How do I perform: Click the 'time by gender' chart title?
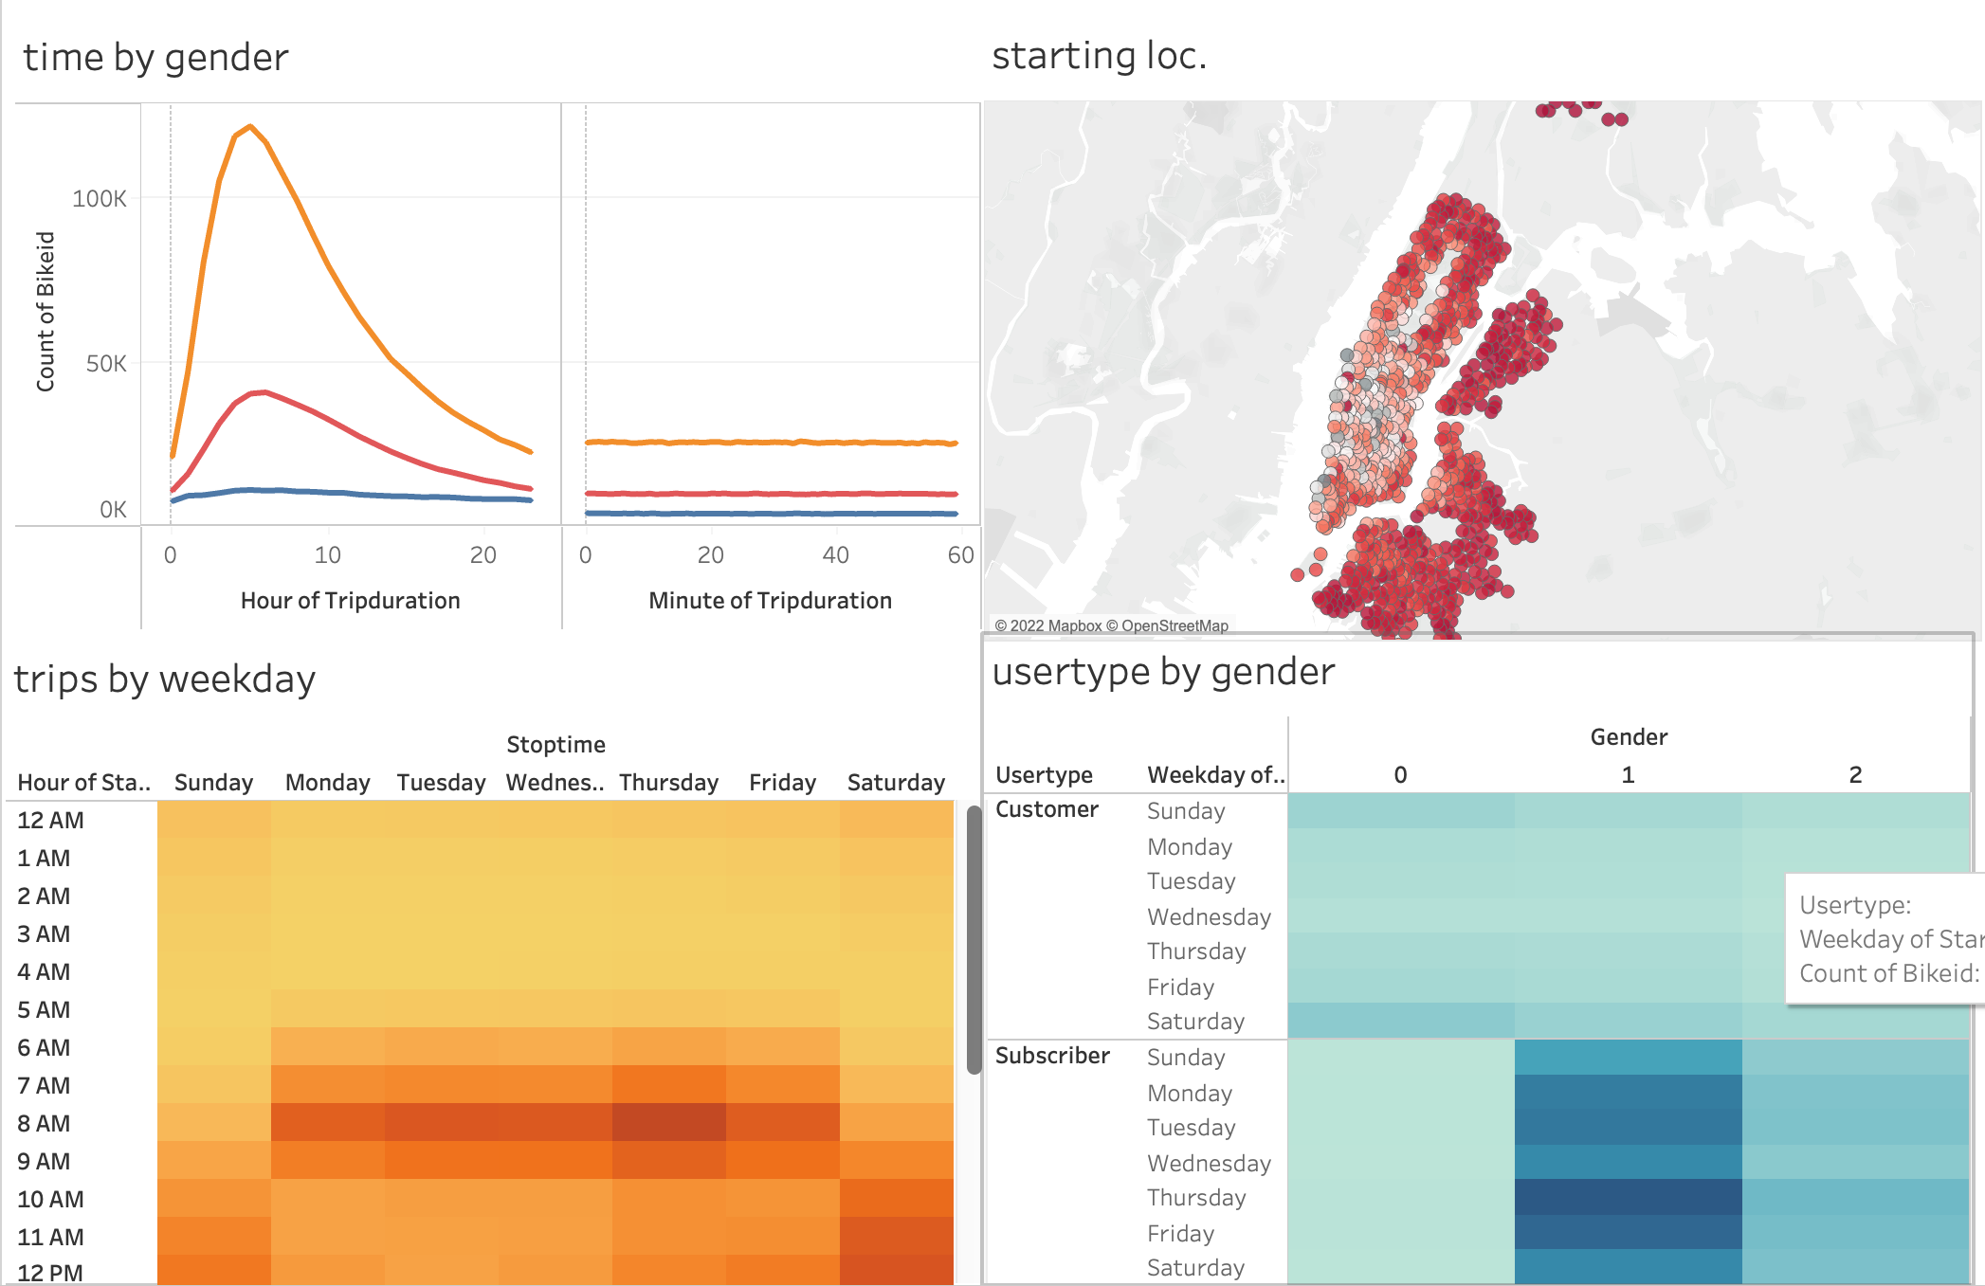155,58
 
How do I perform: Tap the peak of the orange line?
249,126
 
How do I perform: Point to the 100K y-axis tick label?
99,199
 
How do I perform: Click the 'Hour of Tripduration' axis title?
350,601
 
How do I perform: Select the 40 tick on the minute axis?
835,555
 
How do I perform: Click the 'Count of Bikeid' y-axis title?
46,312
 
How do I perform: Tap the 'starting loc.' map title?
1099,56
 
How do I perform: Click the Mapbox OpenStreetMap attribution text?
1111,625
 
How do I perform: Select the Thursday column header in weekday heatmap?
668,783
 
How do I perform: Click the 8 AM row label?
44,1124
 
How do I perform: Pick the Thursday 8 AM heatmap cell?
668,1123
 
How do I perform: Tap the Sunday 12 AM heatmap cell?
213,820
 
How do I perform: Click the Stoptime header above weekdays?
555,745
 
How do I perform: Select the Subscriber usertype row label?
1052,1056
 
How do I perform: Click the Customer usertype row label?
1047,809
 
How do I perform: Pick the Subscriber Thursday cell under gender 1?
1628,1197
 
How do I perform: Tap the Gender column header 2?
1855,775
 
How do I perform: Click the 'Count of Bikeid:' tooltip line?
1888,973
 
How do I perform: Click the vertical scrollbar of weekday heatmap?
974,938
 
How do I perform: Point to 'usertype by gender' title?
1163,672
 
